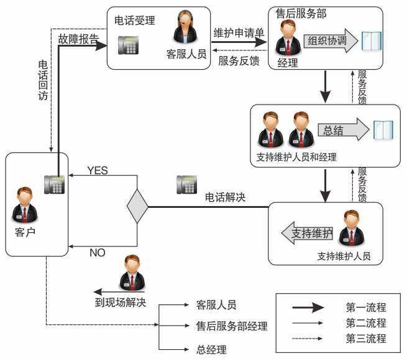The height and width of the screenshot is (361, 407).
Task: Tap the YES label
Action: pyautogui.click(x=98, y=170)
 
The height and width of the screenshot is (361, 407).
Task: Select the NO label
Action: pyautogui.click(x=98, y=253)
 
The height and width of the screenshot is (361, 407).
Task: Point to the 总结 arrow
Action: pyautogui.click(x=342, y=129)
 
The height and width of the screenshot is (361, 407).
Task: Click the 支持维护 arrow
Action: pyautogui.click(x=307, y=233)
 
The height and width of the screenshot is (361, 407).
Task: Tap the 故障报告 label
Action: pyautogui.click(x=78, y=39)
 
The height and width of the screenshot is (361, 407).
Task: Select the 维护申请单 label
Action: pyautogui.click(x=239, y=32)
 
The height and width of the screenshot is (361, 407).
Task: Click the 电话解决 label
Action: pyautogui.click(x=225, y=197)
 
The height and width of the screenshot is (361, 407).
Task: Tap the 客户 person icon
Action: pyautogui.click(x=25, y=205)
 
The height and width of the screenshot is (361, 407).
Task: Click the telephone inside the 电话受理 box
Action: pyautogui.click(x=128, y=45)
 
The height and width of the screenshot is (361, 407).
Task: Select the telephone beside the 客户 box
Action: pyautogui.click(x=55, y=185)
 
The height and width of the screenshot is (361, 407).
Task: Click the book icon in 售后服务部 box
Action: pyautogui.click(x=372, y=40)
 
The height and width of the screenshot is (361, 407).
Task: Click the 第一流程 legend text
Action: pyautogui.click(x=366, y=307)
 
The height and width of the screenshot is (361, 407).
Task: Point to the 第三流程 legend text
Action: pyautogui.click(x=366, y=339)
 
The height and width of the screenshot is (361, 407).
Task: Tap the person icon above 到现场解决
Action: pyautogui.click(x=132, y=273)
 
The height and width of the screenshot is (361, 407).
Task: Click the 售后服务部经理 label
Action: pyautogui.click(x=232, y=326)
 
